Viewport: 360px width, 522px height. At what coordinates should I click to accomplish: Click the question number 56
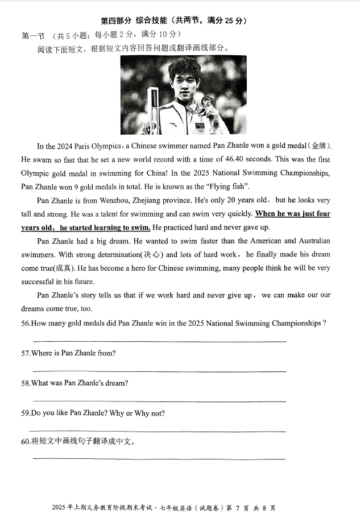tap(26, 324)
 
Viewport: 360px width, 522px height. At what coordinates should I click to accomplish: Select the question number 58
tap(26, 383)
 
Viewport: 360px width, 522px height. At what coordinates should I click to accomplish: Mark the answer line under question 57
tap(159, 371)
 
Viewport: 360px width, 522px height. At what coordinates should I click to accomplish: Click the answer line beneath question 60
tap(159, 458)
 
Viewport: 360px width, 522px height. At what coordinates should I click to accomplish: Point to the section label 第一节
tap(32, 36)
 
